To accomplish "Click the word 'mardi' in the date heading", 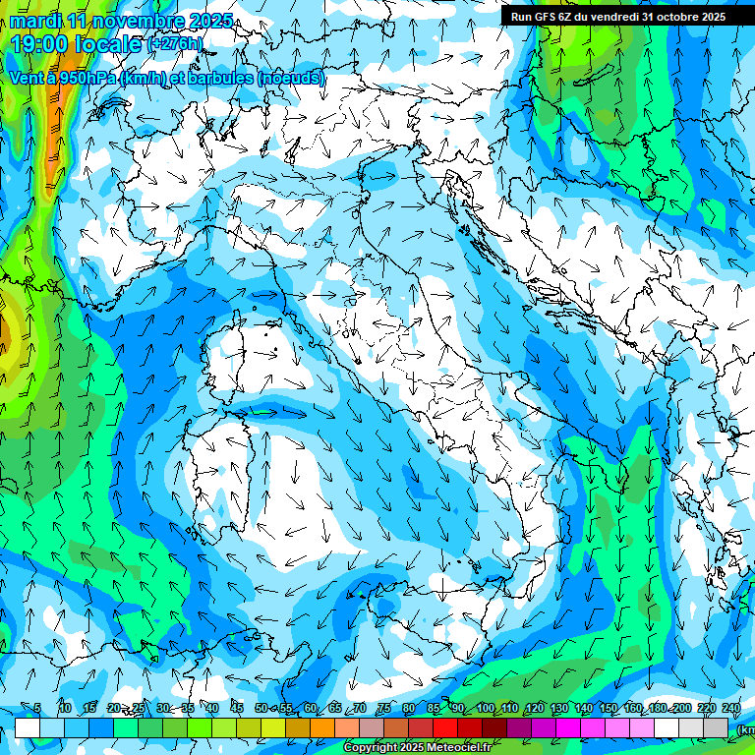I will pyautogui.click(x=34, y=20).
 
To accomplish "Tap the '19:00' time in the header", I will pyautogui.click(x=38, y=43).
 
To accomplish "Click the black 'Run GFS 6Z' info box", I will pyautogui.click(x=618, y=16).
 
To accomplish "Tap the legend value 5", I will pyautogui.click(x=37, y=708).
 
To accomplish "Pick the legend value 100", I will pyautogui.click(x=486, y=708).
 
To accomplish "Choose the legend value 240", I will pyautogui.click(x=731, y=708).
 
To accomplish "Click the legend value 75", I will pyautogui.click(x=383, y=708).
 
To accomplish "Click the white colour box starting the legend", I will pyautogui.click(x=27, y=727).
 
